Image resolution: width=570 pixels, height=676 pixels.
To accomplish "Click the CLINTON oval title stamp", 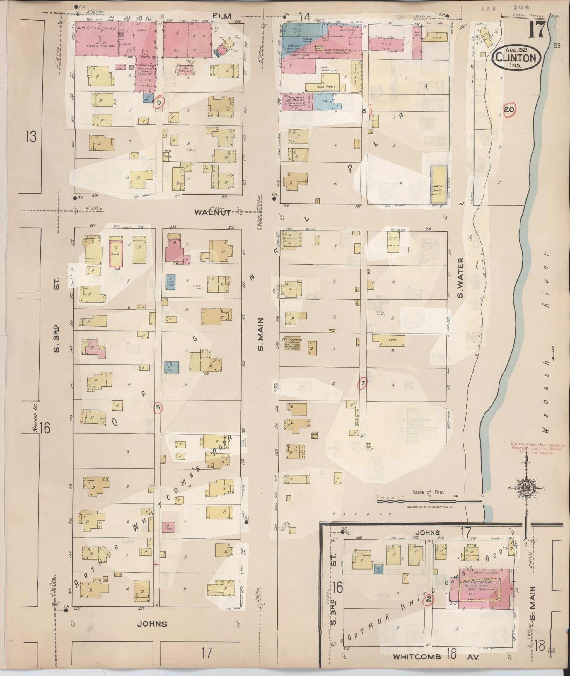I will tap(516, 57).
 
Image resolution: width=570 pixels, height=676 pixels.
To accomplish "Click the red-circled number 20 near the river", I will tap(509, 110).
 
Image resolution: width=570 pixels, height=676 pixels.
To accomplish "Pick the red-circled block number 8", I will tap(158, 408).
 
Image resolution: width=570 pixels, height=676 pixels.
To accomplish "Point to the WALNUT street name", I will tap(213, 212).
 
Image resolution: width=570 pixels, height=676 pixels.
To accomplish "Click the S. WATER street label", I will tap(460, 278).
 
